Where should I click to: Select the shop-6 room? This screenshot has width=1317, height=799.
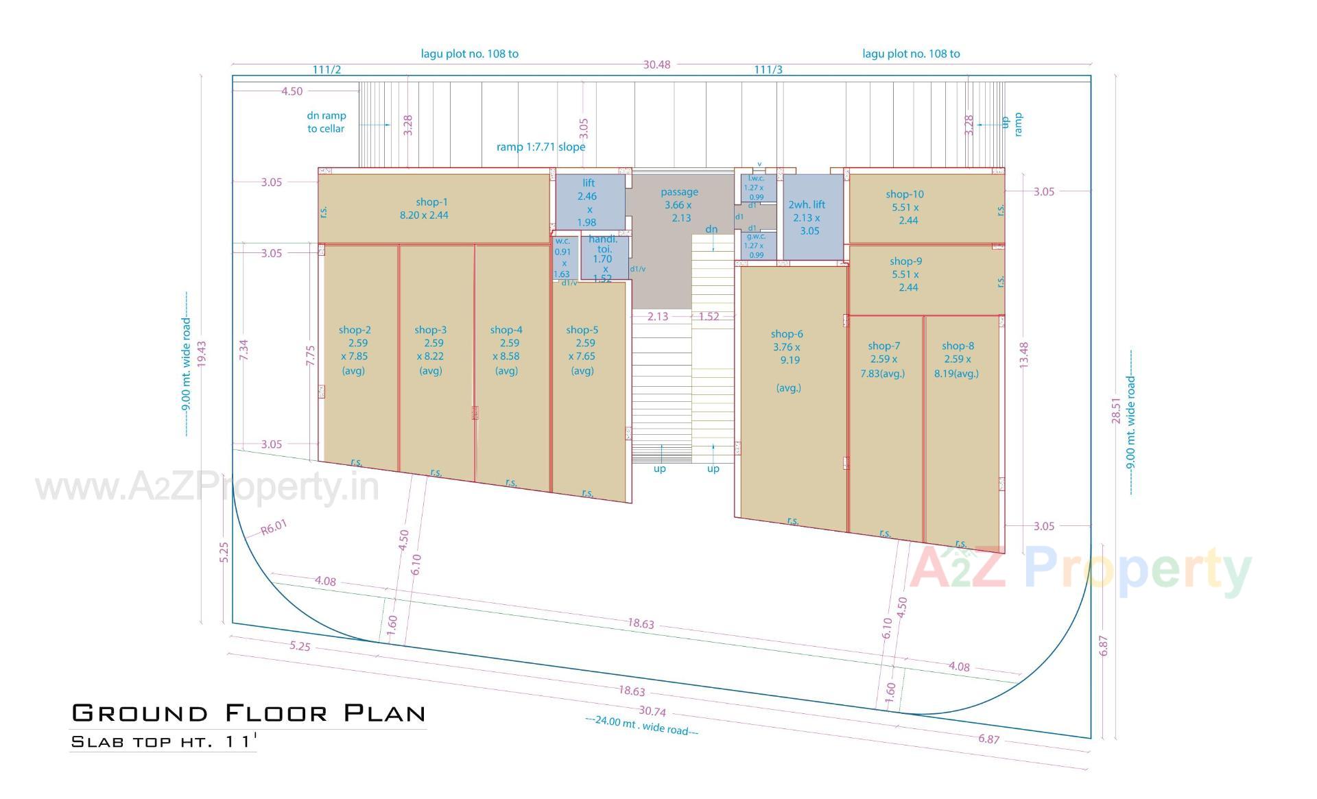pyautogui.click(x=788, y=384)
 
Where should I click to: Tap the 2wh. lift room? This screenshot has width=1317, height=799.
pyautogui.click(x=809, y=217)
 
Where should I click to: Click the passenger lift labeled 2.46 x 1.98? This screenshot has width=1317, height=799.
pyautogui.click(x=588, y=202)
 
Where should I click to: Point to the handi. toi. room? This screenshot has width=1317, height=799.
pyautogui.click(x=603, y=259)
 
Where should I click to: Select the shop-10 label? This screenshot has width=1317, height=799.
pyautogui.click(x=904, y=195)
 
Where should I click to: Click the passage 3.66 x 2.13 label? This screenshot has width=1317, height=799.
pyautogui.click(x=679, y=204)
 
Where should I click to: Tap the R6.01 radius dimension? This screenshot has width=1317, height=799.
pyautogui.click(x=274, y=527)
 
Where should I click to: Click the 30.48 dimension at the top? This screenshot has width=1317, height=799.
pyautogui.click(x=656, y=64)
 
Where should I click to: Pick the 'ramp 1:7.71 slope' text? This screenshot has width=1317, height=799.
pyautogui.click(x=541, y=147)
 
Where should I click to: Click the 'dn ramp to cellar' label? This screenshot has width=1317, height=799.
pyautogui.click(x=326, y=122)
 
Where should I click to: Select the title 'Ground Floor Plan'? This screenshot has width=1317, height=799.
pyautogui.click(x=248, y=713)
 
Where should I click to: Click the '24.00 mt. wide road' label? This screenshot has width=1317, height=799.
pyautogui.click(x=642, y=726)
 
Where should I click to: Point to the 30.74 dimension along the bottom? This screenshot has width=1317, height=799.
pyautogui.click(x=652, y=711)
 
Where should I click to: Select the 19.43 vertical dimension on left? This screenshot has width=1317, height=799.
pyautogui.click(x=202, y=355)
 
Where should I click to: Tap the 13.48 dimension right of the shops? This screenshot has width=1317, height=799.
pyautogui.click(x=1023, y=355)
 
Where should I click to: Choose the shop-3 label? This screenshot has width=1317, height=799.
pyautogui.click(x=430, y=331)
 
